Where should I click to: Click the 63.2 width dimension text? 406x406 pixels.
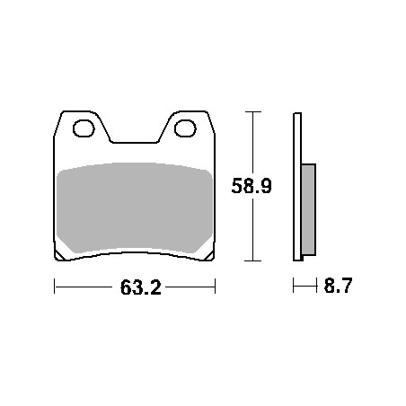[141, 287]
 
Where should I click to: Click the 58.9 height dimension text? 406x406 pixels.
[252, 186]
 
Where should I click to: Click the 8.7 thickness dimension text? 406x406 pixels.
[338, 286]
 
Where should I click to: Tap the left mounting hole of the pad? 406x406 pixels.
[84, 128]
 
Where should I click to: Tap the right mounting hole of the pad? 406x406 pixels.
[185, 128]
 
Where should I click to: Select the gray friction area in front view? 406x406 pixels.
[135, 207]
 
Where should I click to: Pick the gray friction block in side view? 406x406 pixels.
[308, 209]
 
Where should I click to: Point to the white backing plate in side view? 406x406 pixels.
[297, 187]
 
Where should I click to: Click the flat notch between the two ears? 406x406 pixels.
[135, 143]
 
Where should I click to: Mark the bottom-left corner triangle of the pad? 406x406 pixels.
[59, 255]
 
